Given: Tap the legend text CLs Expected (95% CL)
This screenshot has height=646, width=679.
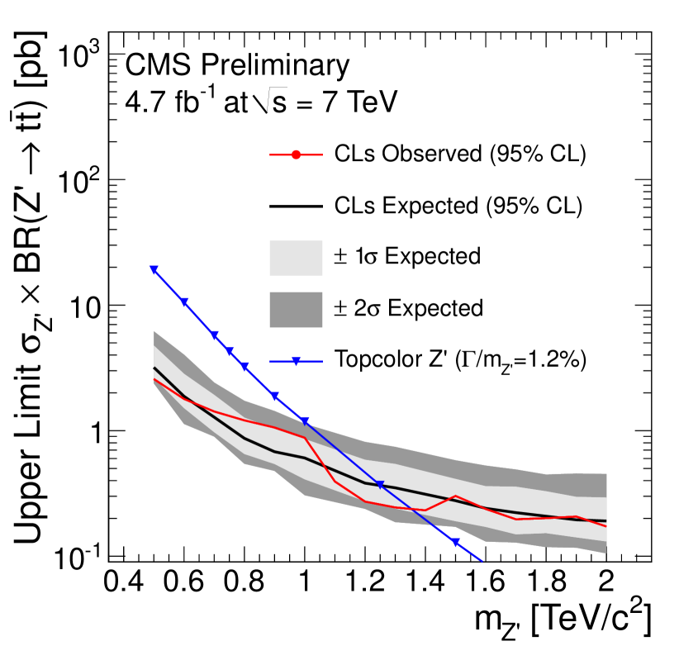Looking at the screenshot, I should (459, 206).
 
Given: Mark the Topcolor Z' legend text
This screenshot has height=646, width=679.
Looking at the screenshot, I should (460, 359).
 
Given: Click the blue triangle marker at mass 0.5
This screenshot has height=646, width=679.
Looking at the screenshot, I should (154, 269).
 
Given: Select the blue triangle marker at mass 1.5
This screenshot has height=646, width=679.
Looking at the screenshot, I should (455, 542).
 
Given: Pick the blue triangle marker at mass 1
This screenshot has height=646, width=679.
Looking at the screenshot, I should (305, 421).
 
